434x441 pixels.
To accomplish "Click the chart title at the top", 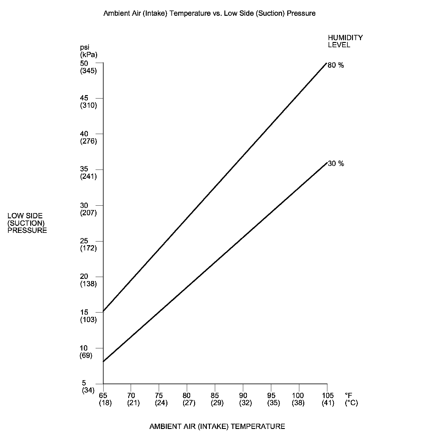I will (x=209, y=13).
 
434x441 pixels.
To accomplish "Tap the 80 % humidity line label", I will (x=336, y=65).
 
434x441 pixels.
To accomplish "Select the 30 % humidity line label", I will (x=336, y=164).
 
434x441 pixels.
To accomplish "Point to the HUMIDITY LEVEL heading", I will (x=345, y=41).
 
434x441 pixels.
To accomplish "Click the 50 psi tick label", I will (x=84, y=63).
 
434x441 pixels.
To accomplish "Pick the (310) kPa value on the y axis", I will (x=88, y=106).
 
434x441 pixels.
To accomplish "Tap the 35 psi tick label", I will (x=84, y=169).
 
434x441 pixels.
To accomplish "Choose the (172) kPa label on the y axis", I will (x=88, y=248).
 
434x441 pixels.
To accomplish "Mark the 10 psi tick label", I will (x=84, y=348).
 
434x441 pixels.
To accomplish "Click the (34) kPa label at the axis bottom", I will (x=88, y=390).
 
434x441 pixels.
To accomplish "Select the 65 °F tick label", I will (x=103, y=396).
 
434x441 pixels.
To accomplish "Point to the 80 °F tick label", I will (x=186, y=396).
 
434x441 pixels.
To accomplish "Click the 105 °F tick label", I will (x=327, y=396).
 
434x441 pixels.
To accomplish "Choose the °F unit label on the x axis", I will (x=348, y=396).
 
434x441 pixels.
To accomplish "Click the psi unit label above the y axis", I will (x=84, y=47).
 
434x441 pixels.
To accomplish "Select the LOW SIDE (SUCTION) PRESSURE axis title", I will (x=27, y=223).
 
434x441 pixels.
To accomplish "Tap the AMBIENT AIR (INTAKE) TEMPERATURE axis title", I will (x=217, y=426).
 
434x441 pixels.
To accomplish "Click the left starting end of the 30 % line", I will (x=104, y=361).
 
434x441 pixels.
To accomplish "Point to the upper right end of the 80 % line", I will (x=326, y=63).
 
